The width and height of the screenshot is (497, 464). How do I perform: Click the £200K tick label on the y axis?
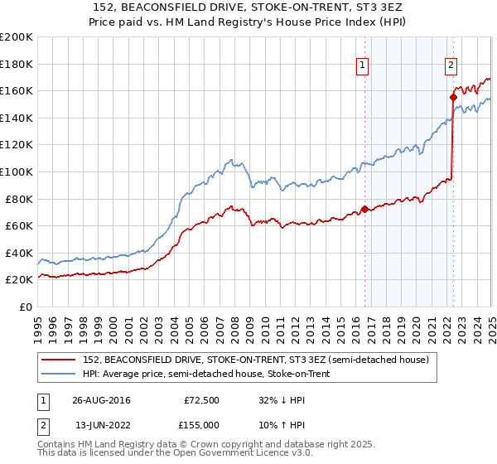[x=17, y=37]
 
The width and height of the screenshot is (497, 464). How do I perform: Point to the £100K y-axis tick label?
[x=17, y=172]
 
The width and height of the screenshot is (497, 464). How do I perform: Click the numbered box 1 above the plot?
[x=363, y=67]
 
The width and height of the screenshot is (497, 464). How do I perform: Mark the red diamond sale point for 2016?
[x=364, y=209]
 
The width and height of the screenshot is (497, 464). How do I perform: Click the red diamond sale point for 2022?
[x=453, y=97]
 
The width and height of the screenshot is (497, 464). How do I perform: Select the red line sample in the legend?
[x=60, y=360]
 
